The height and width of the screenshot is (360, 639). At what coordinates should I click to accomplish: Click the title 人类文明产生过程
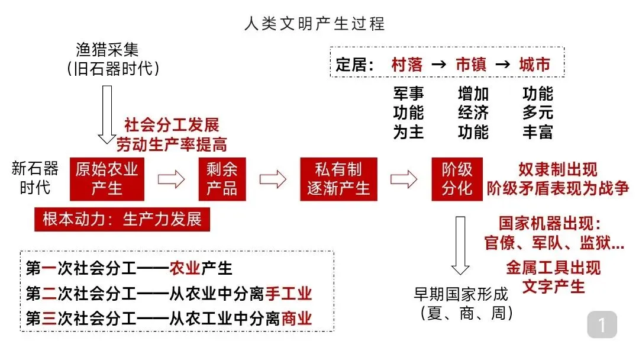[314, 24]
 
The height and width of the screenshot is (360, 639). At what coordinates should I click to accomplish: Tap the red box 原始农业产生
[106, 179]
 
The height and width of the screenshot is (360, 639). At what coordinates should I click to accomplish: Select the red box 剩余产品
[221, 179]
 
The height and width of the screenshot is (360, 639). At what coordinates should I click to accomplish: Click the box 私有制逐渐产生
[338, 179]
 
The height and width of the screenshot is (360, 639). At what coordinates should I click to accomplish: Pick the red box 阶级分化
[457, 179]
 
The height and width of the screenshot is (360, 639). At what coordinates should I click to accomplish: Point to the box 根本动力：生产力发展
[122, 220]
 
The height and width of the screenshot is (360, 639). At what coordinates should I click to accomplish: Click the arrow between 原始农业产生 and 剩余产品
[171, 179]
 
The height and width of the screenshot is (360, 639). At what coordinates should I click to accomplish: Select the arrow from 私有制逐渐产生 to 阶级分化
[404, 179]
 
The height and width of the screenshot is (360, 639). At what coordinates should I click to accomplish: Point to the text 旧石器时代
[114, 69]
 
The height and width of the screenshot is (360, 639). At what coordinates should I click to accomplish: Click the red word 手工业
[288, 294]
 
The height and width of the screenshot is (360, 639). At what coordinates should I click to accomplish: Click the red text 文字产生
[553, 287]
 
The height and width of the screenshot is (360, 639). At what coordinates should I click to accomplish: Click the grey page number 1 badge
[602, 324]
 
